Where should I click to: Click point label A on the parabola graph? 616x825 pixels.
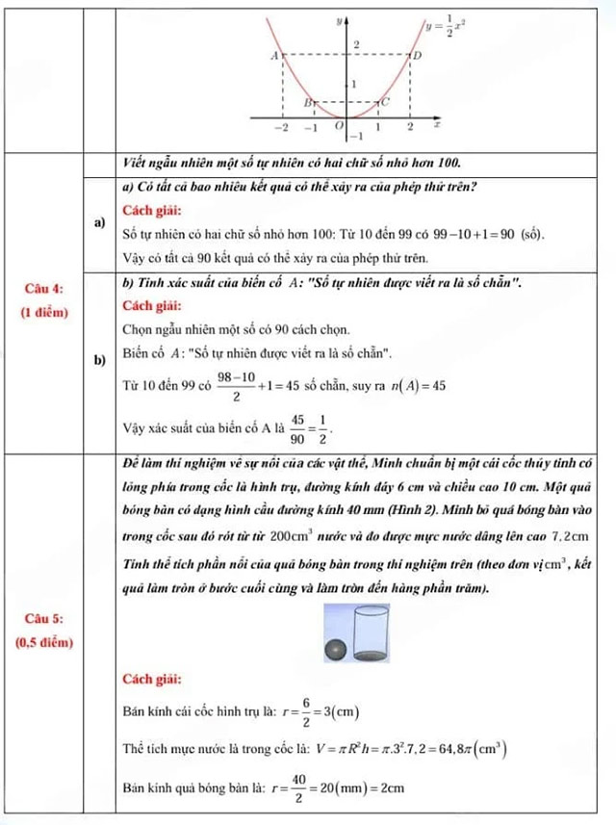point(274,56)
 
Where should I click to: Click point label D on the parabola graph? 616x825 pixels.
point(417,58)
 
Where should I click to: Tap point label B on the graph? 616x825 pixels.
point(308,100)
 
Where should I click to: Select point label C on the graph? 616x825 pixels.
point(387,100)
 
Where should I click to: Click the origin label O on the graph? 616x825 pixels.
point(338,126)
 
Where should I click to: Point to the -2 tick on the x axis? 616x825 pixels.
point(281,127)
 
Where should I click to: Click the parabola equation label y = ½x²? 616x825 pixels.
point(447,29)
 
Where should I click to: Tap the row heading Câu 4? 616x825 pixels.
point(44,288)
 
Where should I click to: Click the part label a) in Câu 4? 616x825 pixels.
point(99,222)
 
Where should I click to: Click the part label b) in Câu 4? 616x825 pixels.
point(99,361)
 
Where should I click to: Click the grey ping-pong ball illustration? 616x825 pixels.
point(333,650)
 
